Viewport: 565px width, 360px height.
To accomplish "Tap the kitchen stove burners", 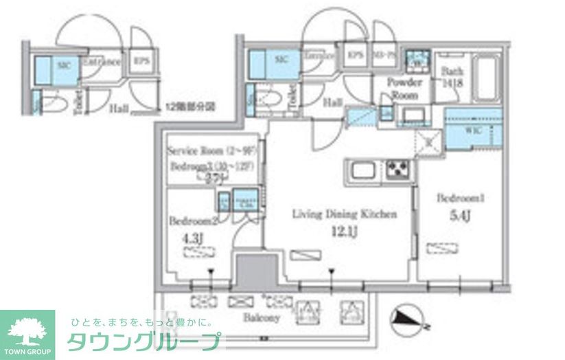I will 396,168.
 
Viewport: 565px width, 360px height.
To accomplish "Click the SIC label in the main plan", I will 281,60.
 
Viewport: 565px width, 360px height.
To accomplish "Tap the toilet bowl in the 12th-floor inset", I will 58,104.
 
